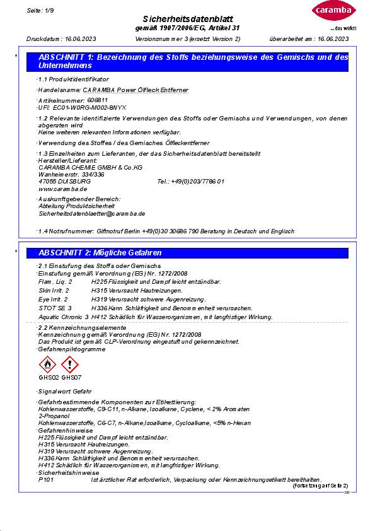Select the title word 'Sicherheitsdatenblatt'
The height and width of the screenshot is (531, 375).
188,20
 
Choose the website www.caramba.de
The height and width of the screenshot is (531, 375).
62,189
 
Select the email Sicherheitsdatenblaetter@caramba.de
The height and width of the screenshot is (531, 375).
91,214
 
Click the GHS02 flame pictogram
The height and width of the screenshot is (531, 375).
48,365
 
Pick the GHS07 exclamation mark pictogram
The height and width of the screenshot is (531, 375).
69,365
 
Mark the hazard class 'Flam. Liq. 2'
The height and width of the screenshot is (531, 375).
55,281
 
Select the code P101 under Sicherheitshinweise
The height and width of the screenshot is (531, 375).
46,479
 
